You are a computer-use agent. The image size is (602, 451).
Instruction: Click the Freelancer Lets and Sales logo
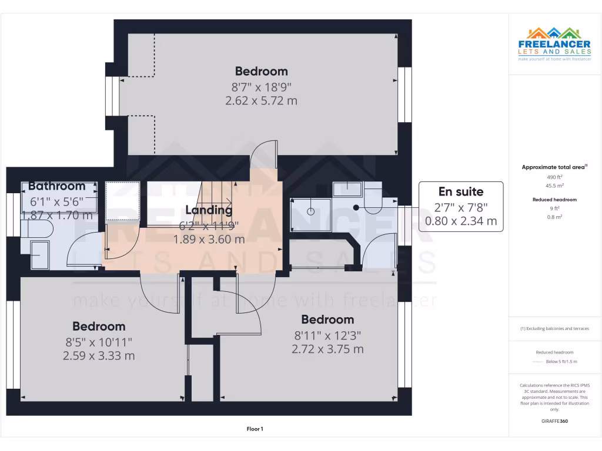(x=554, y=44)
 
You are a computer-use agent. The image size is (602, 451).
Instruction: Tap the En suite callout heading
(x=461, y=191)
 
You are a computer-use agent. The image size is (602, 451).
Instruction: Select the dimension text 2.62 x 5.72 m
(x=261, y=100)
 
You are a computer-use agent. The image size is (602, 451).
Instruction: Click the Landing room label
(x=209, y=210)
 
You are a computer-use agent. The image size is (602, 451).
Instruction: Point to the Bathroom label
(x=57, y=186)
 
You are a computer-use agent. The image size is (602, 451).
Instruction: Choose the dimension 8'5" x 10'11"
(x=99, y=342)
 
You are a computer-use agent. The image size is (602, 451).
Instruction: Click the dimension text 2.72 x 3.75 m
(x=327, y=349)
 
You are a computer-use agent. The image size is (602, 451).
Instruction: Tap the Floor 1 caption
(x=255, y=429)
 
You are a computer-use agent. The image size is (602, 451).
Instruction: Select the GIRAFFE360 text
(x=554, y=421)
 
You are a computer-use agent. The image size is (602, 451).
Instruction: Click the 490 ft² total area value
(x=554, y=176)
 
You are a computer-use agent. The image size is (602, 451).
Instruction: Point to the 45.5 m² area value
(x=554, y=185)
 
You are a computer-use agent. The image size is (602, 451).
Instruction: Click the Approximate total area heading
(x=554, y=167)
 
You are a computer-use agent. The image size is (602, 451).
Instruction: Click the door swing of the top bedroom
(x=262, y=154)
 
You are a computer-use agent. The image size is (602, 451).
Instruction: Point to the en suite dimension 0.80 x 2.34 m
(x=461, y=221)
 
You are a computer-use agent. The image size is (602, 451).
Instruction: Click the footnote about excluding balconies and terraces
(x=554, y=328)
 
